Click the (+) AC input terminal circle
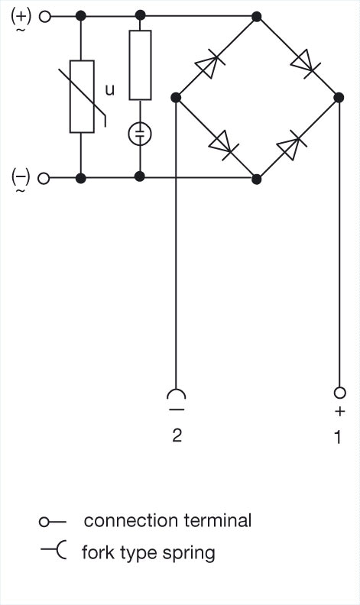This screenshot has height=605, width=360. pyautogui.click(x=45, y=17)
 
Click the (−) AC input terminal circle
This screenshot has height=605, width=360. pyautogui.click(x=44, y=179)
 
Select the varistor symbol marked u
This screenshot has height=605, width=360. pyautogui.click(x=82, y=96)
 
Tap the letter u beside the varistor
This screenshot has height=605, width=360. pyautogui.click(x=110, y=90)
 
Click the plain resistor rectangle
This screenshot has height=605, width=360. pyautogui.click(x=140, y=65)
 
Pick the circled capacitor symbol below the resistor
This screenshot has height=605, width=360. pyautogui.click(x=140, y=134)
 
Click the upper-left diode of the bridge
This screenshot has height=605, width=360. pyautogui.click(x=209, y=64)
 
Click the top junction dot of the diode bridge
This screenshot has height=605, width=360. pyautogui.click(x=257, y=17)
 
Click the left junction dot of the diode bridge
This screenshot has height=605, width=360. pyautogui.click(x=176, y=97)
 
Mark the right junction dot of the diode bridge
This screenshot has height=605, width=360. pyautogui.click(x=339, y=97)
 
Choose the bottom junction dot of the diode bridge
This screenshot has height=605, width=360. pyautogui.click(x=257, y=179)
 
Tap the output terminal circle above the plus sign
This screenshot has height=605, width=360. pyautogui.click(x=339, y=393)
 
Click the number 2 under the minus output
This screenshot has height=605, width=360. pyautogui.click(x=177, y=435)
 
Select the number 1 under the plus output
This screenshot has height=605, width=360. pyautogui.click(x=338, y=438)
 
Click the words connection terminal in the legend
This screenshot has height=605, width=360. pyautogui.click(x=167, y=520)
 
